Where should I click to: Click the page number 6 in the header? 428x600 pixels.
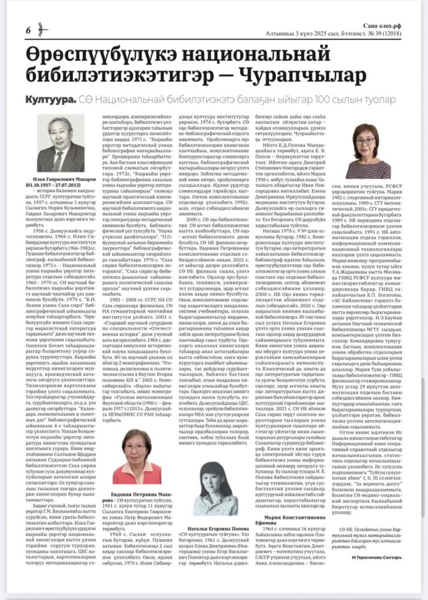click(28, 30)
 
